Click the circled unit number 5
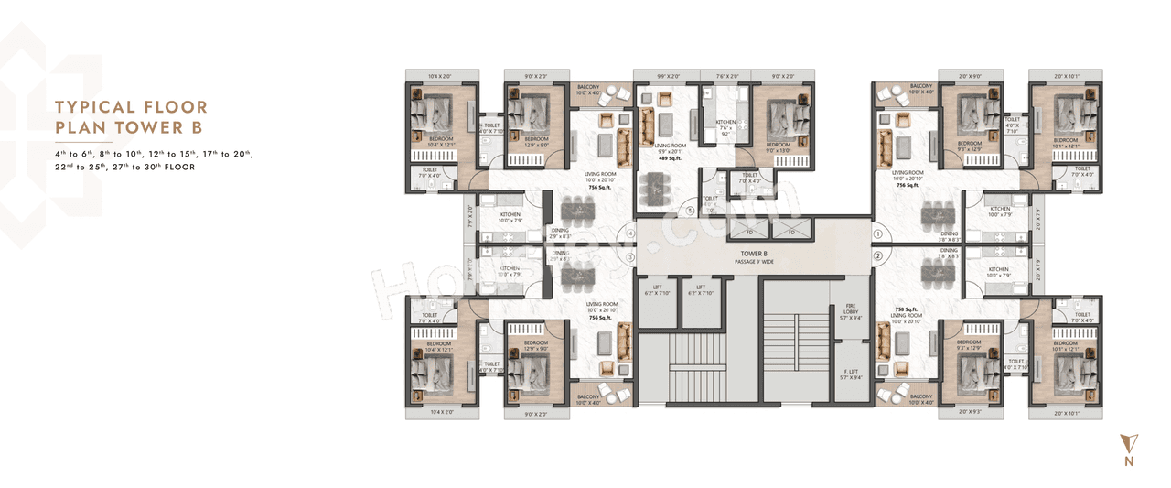coord(690,210)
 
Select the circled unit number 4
coord(630,233)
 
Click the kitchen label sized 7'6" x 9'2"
coord(725,126)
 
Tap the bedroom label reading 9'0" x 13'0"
coord(779,148)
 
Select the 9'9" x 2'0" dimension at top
coord(669,77)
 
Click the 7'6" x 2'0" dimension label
coord(726,77)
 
